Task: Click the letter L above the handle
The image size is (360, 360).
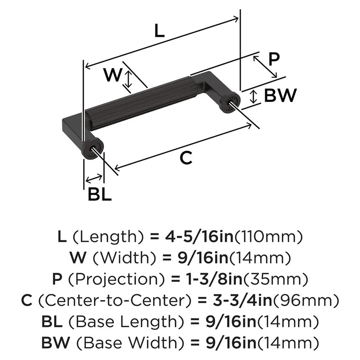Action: (x=159, y=32)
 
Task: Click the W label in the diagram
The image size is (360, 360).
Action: (x=112, y=75)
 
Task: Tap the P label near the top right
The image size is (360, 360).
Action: (x=274, y=59)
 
